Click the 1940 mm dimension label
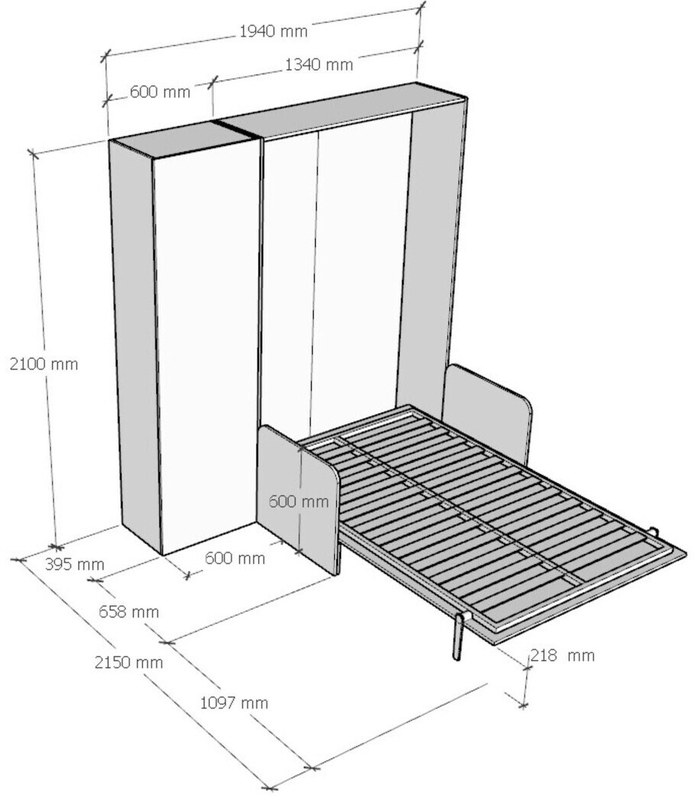point(273,31)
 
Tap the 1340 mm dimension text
point(319,64)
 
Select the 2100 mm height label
point(44,364)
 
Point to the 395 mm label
point(75,564)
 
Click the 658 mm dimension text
point(129,612)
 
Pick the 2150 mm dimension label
point(129,662)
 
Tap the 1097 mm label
point(234,703)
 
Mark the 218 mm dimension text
point(562,655)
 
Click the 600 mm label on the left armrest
point(299,502)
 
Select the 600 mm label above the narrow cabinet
point(160,92)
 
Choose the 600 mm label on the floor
point(234,558)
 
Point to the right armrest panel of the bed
point(487,411)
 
